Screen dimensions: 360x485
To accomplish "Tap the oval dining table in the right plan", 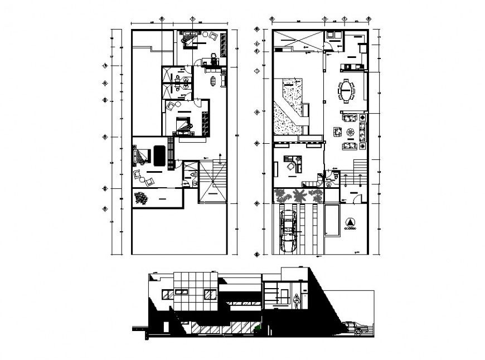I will (x=347, y=91).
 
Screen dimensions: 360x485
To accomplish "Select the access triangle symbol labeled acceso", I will (x=350, y=221).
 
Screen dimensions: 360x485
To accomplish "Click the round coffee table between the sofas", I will (x=350, y=132).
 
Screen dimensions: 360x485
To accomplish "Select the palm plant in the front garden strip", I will (x=299, y=196).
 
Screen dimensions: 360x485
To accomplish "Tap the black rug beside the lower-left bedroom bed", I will (x=158, y=155).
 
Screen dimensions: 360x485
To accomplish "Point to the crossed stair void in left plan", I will (x=212, y=189).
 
